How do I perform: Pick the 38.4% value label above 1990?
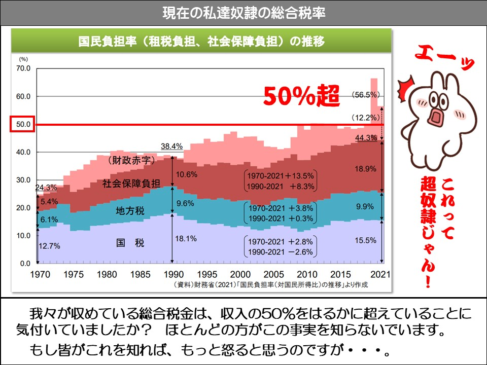tap(171, 146)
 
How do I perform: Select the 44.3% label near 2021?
tap(365, 137)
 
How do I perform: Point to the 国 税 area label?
tap(130, 244)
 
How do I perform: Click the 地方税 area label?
tap(130, 210)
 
